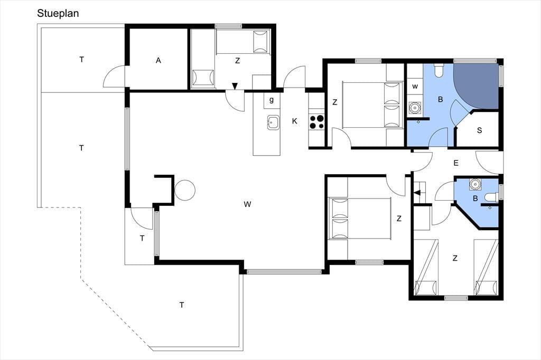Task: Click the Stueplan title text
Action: point(58,13)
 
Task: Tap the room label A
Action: point(158,61)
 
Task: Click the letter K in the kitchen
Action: point(294,121)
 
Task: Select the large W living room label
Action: point(247,204)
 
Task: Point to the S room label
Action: point(479,130)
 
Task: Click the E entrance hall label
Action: point(456,163)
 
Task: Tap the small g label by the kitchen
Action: point(272,100)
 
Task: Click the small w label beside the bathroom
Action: point(415,86)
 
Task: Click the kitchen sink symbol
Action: point(273,122)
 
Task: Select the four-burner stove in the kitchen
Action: point(317,122)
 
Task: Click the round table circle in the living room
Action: point(185,190)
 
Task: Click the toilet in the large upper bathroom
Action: point(439,70)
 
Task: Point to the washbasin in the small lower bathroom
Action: point(475,184)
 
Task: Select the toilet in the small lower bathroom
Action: point(491,197)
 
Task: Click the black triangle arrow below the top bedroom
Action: point(235,86)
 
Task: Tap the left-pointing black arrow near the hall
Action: point(418,193)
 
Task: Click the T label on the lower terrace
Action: point(182,305)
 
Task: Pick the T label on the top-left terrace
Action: point(82,60)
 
